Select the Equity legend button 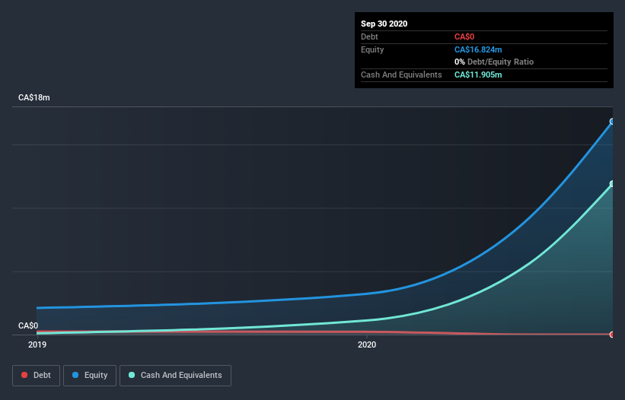coord(89,375)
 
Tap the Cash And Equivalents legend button coord(175,375)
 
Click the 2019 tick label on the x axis coord(37,344)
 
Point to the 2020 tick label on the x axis coord(367,344)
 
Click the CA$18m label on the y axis coord(34,98)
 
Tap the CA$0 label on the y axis coord(28,325)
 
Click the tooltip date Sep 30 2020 coord(384,24)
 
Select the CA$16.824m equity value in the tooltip coord(478,49)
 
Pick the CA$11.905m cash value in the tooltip coord(478,75)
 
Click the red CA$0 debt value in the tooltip coord(465,37)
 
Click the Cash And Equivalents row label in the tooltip coord(401,75)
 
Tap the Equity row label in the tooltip coord(373,49)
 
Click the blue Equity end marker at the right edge coord(612,122)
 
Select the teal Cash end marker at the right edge coord(612,184)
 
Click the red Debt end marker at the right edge coord(612,335)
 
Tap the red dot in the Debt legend coord(24,375)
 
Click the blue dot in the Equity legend coord(76,375)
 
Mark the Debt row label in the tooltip coord(371,37)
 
